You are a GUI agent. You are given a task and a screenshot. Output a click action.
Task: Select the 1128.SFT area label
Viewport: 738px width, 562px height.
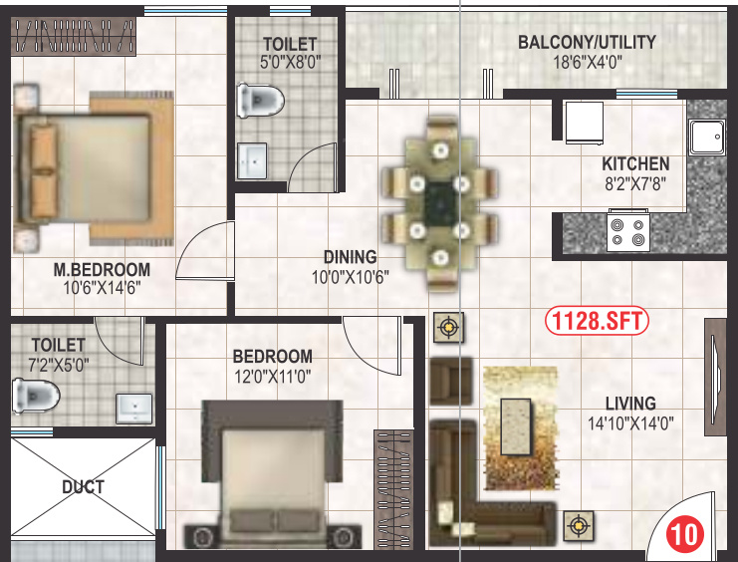pyautogui.click(x=597, y=322)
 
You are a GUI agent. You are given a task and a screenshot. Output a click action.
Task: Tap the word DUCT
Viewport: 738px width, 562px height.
pyautogui.click(x=83, y=487)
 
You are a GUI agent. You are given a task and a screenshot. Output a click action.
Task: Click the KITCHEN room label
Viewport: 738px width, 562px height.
pyautogui.click(x=635, y=163)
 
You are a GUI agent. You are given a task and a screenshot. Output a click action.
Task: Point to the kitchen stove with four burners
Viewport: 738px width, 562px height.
pyautogui.click(x=628, y=231)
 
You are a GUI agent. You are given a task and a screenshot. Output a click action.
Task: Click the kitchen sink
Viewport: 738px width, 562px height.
pyautogui.click(x=707, y=139)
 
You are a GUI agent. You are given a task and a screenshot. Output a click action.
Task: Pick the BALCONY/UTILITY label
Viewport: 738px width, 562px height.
pyautogui.click(x=587, y=42)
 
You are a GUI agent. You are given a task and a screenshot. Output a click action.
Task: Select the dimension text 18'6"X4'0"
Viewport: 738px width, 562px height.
pyautogui.click(x=587, y=62)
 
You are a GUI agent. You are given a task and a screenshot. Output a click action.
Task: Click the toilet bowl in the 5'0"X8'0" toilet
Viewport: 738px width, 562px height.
pyautogui.click(x=261, y=100)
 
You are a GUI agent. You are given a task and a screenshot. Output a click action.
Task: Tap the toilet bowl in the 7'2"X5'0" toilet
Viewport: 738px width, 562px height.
pyautogui.click(x=36, y=395)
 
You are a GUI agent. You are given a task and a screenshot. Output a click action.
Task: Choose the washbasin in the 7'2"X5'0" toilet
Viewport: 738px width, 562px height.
pyautogui.click(x=133, y=407)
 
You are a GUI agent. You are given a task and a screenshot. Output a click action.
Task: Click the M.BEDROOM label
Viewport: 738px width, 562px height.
pyautogui.click(x=102, y=269)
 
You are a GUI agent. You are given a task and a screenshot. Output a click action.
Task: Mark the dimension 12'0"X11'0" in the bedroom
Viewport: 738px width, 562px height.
pyautogui.click(x=272, y=377)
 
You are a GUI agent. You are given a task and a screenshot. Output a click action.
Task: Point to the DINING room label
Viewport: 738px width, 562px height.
pyautogui.click(x=350, y=256)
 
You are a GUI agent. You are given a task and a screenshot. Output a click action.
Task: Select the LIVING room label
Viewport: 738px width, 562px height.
pyautogui.click(x=630, y=404)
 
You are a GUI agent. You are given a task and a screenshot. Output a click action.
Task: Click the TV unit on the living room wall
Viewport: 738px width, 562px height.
pyautogui.click(x=715, y=377)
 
